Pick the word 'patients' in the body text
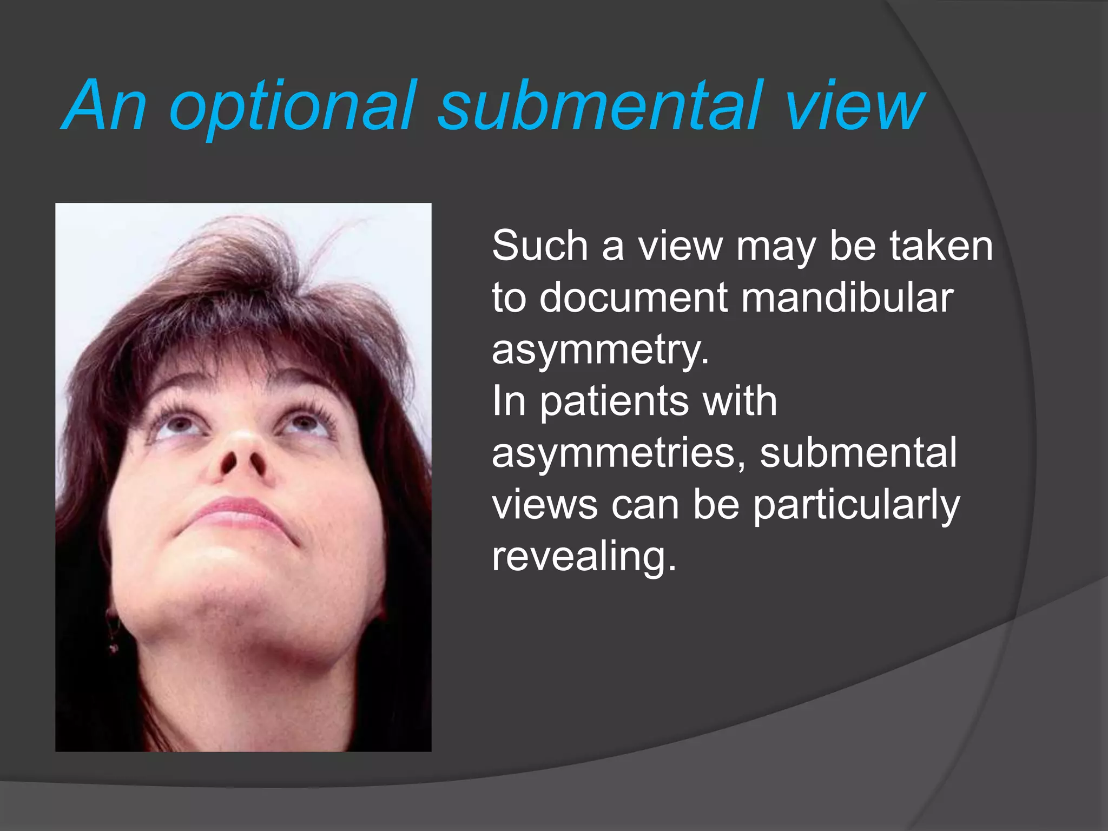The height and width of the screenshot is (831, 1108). [x=615, y=401]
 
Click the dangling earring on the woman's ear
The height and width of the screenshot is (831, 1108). [x=113, y=633]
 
